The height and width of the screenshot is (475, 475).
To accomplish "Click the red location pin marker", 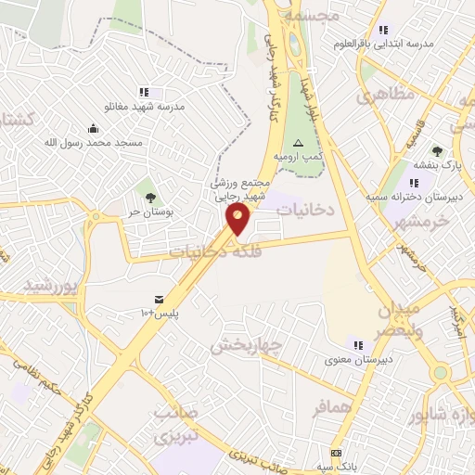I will (x=238, y=219).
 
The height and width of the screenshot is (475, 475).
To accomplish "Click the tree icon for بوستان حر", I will (x=149, y=196).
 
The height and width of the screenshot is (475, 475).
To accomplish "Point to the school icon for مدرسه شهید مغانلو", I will (x=144, y=92).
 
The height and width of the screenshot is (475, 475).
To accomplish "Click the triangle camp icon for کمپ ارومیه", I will (x=298, y=143).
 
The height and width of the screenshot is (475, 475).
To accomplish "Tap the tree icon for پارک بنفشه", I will (x=437, y=151).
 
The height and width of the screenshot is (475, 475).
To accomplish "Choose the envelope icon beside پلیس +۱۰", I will (x=160, y=299).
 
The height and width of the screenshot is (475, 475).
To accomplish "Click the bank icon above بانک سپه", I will (x=336, y=453).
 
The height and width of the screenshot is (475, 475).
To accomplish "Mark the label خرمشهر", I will (x=421, y=222).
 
